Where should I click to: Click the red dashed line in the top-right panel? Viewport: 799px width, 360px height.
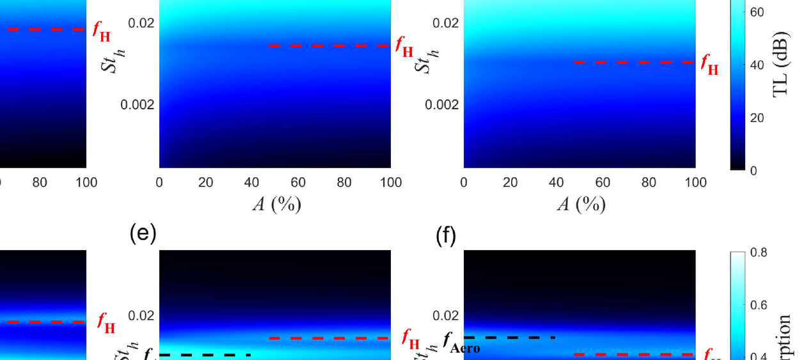click(633, 62)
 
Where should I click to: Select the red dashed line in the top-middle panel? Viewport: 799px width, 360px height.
click(329, 46)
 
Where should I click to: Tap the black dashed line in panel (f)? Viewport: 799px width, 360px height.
click(509, 337)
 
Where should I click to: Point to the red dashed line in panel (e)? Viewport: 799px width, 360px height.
click(329, 338)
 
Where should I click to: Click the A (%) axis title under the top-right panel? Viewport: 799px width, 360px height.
click(581, 205)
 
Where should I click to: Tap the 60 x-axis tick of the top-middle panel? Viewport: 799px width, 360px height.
click(298, 183)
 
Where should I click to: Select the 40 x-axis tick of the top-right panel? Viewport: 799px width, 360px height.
click(557, 183)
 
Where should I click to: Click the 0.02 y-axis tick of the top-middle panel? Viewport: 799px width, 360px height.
click(141, 23)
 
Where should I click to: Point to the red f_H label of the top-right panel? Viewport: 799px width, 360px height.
click(709, 64)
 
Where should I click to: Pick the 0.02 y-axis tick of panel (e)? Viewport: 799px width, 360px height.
click(141, 316)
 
